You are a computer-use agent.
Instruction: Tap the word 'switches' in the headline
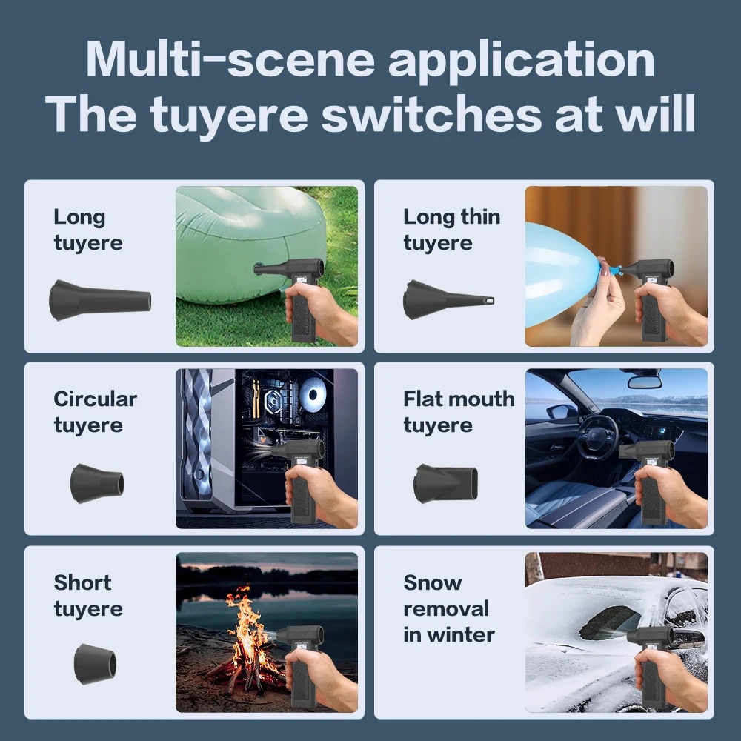[x=431, y=114]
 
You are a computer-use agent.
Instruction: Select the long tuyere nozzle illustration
[x=100, y=300]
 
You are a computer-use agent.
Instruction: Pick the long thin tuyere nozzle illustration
[x=448, y=299]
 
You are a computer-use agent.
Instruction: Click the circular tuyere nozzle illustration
[x=97, y=483]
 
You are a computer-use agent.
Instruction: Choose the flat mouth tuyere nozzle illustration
[x=445, y=483]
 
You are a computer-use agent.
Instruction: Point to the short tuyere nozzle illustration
[x=95, y=663]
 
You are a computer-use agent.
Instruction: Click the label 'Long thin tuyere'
[x=452, y=230]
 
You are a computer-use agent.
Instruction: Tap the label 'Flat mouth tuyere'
[x=459, y=412]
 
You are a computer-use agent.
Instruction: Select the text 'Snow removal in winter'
[x=449, y=608]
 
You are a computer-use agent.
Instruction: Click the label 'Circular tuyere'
[x=96, y=412]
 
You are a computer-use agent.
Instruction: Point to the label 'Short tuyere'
[x=88, y=596]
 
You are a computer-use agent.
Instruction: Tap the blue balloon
[x=562, y=274]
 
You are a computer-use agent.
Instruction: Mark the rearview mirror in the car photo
[x=645, y=382]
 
